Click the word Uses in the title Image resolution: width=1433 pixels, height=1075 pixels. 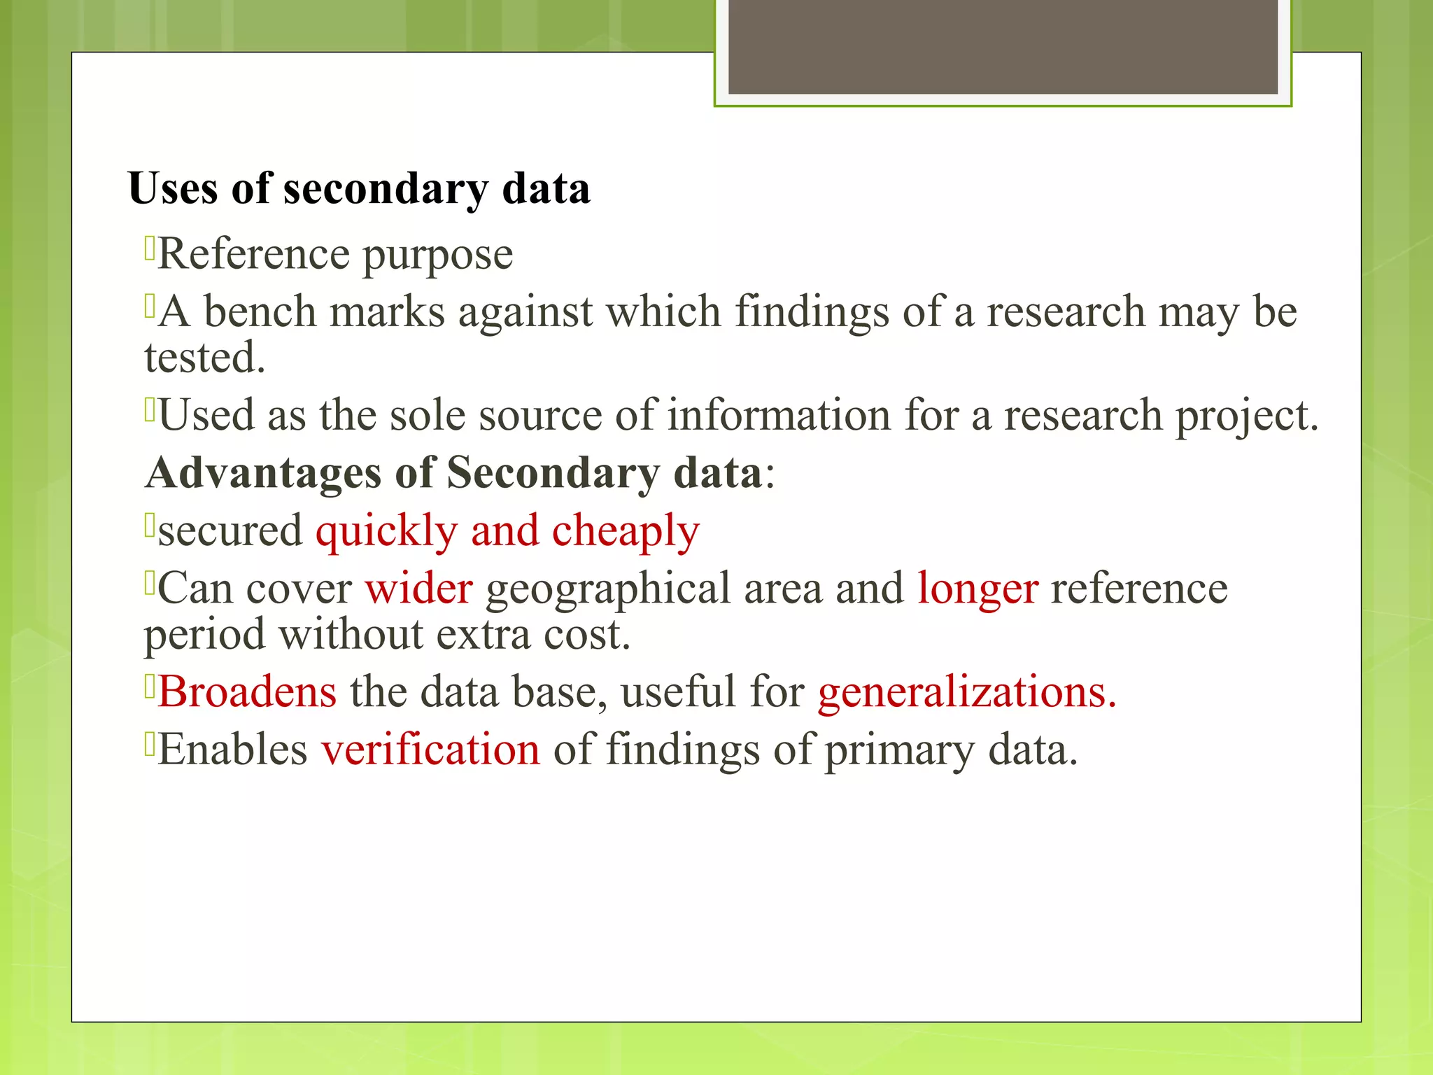(x=173, y=188)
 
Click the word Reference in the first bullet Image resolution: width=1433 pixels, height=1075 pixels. (x=253, y=253)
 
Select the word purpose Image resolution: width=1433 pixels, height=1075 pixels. (x=437, y=255)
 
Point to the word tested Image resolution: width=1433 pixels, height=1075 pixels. (x=204, y=358)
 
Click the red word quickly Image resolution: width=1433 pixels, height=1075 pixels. (x=386, y=531)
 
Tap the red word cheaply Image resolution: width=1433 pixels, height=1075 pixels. (x=626, y=531)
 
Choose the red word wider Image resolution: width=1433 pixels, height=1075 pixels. (x=418, y=588)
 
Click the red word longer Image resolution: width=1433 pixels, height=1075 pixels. (x=977, y=589)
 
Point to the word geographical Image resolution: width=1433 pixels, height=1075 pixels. (x=607, y=589)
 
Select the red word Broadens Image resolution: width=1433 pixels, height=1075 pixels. (x=247, y=691)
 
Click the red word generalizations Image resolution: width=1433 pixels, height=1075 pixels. (x=966, y=693)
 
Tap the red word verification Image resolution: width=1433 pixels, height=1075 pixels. (x=430, y=749)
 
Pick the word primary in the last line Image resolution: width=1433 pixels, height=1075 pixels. (x=899, y=750)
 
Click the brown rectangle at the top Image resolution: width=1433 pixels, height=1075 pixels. (x=1003, y=47)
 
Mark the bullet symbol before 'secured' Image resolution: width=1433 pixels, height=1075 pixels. (x=149, y=525)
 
